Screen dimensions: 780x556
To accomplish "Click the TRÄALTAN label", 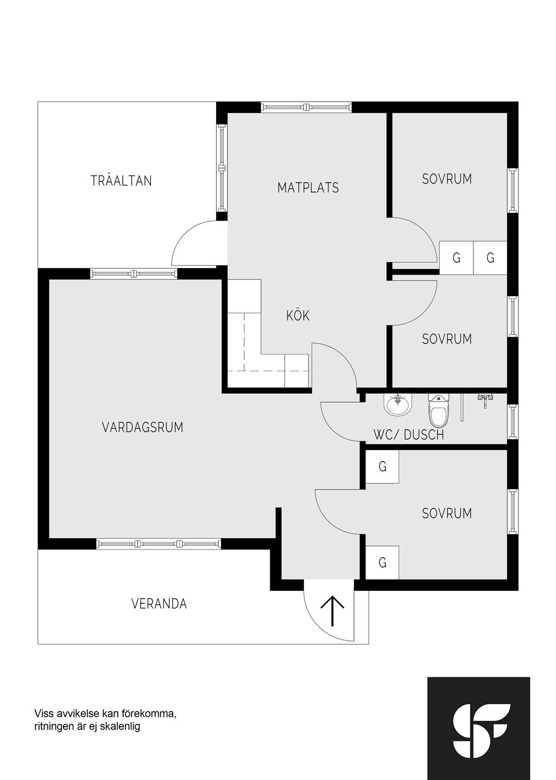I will [x=121, y=181].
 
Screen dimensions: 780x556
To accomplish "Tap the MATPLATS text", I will [x=308, y=188].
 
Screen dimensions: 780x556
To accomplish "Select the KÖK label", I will [x=298, y=315].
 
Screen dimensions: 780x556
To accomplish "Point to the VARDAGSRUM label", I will [x=142, y=427].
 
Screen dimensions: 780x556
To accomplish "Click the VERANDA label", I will [x=159, y=604].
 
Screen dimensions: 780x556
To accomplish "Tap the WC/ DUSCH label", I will [x=408, y=435].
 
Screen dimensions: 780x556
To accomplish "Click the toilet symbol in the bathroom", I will [x=439, y=411].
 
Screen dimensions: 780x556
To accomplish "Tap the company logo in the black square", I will [x=478, y=728].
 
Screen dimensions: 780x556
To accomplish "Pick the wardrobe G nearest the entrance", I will [x=382, y=562].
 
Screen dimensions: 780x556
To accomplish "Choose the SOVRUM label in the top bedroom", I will [x=447, y=179].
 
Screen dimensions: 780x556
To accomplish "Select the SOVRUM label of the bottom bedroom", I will [x=447, y=513].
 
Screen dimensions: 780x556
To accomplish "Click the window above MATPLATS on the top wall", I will [x=306, y=107].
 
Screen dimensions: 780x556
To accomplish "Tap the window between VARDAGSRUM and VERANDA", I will [x=159, y=544].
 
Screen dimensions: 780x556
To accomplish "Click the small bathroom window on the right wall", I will [x=513, y=422].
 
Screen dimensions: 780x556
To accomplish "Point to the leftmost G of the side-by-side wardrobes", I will [x=456, y=258].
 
